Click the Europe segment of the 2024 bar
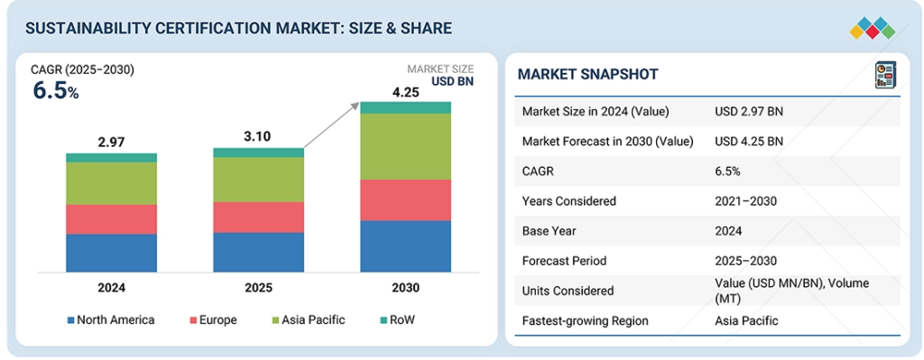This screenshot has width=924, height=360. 111,219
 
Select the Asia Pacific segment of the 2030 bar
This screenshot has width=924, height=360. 405,146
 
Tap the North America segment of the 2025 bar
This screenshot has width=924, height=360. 259,252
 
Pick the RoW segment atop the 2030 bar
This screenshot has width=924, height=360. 405,107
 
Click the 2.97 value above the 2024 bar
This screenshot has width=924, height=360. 111,142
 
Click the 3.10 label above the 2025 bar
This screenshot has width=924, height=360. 258,137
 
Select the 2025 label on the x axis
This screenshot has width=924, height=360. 258,288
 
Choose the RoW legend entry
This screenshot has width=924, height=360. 398,320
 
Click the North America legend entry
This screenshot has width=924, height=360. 111,320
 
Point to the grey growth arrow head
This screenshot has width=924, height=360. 355,105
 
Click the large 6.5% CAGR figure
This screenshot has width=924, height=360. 55,92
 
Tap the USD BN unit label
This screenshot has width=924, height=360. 453,82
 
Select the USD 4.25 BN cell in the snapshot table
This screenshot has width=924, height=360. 749,142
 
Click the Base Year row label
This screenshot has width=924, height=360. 550,231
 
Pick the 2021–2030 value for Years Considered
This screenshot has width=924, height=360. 746,201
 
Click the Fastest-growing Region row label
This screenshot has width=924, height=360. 585,321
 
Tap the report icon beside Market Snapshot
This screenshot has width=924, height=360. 885,76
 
